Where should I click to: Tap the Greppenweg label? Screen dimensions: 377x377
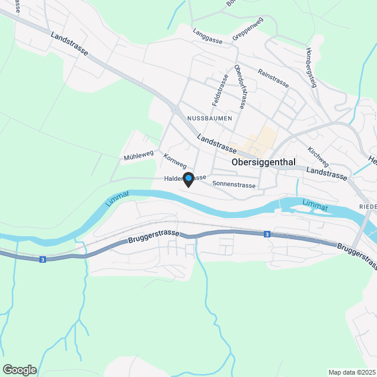click(247, 29)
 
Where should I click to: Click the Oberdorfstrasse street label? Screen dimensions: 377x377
click(240, 87)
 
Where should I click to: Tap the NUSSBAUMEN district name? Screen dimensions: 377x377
click(210, 118)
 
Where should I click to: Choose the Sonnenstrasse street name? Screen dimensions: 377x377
click(234, 184)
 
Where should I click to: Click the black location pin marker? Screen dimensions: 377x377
click(188, 178)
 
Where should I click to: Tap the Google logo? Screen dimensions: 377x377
click(19, 369)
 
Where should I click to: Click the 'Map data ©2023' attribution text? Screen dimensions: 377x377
click(352, 372)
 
